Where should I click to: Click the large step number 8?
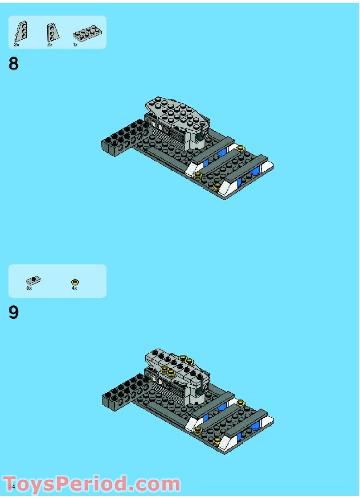click(14, 64)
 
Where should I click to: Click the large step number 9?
click(14, 313)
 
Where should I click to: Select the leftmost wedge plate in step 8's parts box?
click(20, 31)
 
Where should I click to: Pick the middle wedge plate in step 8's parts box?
click(53, 32)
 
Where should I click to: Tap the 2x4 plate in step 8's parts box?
click(87, 33)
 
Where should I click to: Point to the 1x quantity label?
click(75, 45)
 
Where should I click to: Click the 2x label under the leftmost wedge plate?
click(16, 45)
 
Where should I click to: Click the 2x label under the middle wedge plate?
click(49, 45)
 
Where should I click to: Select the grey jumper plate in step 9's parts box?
click(33, 280)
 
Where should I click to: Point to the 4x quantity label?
click(74, 288)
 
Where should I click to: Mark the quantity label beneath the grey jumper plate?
click(29, 288)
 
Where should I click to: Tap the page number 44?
click(12, 486)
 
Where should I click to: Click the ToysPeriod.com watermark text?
click(91, 484)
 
